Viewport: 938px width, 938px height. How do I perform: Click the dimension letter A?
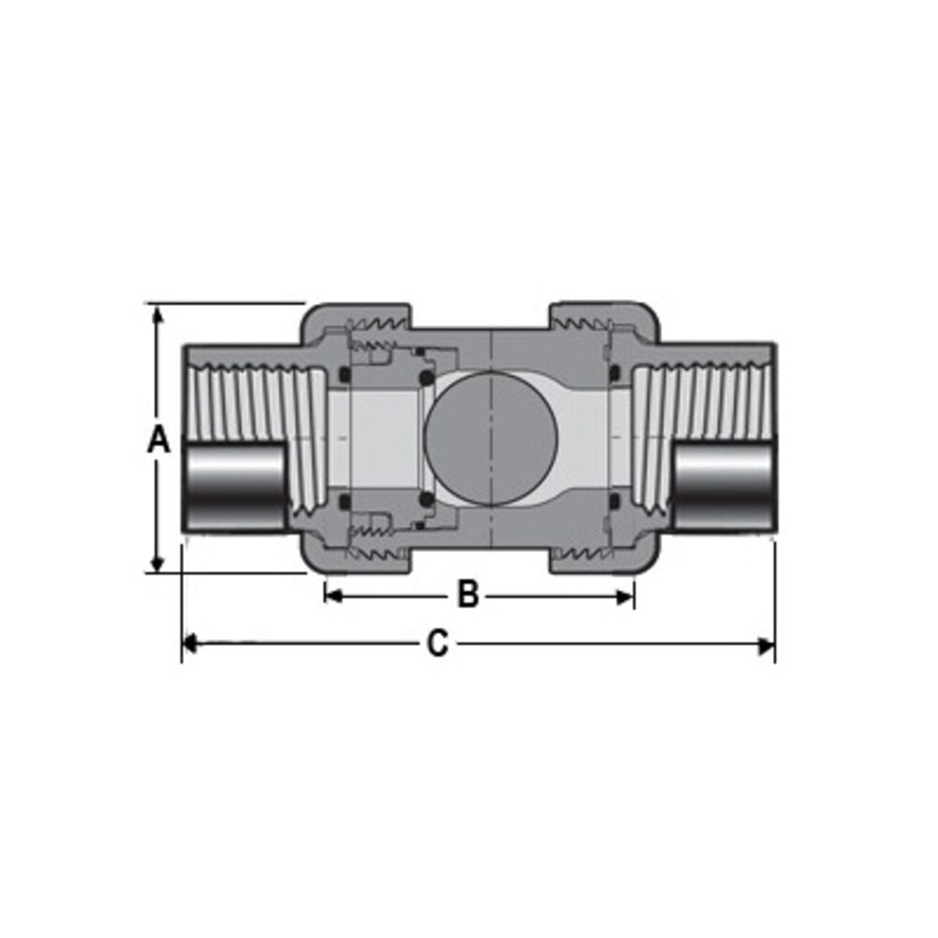[159, 439]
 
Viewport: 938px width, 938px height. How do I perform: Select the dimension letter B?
[467, 595]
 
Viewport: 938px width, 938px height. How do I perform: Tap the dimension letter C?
[437, 644]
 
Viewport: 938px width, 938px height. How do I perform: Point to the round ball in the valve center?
[491, 437]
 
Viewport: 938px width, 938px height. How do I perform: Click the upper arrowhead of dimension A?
[158, 312]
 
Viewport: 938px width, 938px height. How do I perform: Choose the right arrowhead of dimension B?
[626, 596]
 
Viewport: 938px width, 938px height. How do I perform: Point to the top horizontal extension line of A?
[225, 303]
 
